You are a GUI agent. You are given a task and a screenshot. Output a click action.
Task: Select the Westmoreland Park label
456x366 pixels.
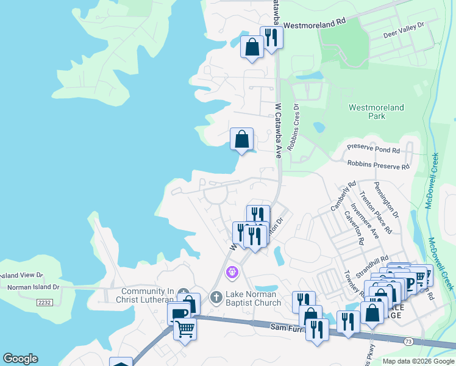376,112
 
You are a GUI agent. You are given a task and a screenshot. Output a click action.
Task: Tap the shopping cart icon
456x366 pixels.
185,329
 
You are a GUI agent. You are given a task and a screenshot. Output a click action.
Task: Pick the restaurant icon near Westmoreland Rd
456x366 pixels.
271,38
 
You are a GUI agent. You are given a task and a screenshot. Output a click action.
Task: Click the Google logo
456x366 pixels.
20,359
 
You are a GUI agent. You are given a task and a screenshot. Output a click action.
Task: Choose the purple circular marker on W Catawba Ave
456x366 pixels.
232,271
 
